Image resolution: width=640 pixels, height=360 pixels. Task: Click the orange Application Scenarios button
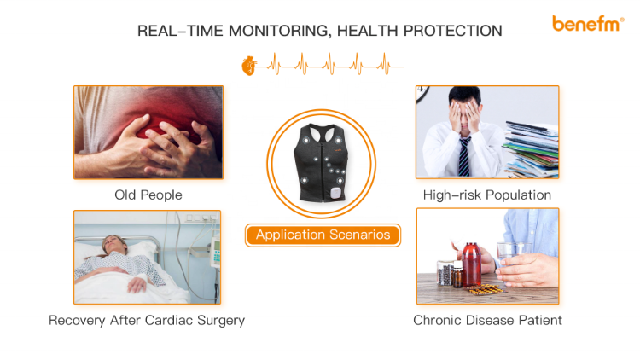pyautogui.click(x=323, y=235)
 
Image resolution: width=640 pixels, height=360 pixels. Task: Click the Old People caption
pyautogui.click(x=148, y=195)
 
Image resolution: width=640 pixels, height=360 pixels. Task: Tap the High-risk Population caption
pyautogui.click(x=487, y=195)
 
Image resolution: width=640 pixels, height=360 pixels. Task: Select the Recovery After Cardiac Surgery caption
pyautogui.click(x=147, y=321)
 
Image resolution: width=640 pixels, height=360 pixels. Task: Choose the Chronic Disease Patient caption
pyautogui.click(x=487, y=321)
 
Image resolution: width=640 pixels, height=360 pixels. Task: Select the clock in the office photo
pyautogui.click(x=422, y=90)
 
